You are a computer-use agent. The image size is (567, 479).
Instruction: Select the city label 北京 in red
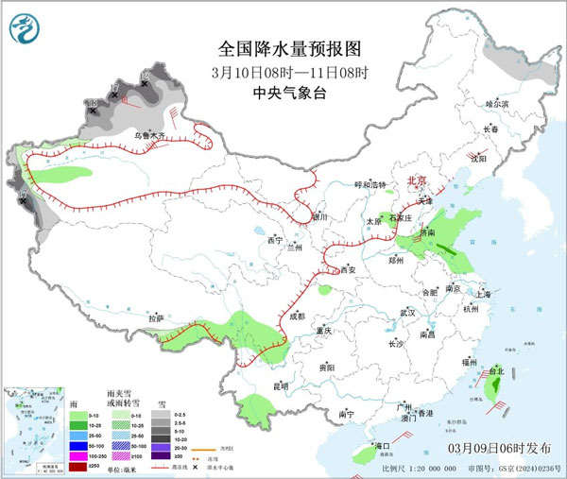(417, 180)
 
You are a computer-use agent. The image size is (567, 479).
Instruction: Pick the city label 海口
(382, 445)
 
